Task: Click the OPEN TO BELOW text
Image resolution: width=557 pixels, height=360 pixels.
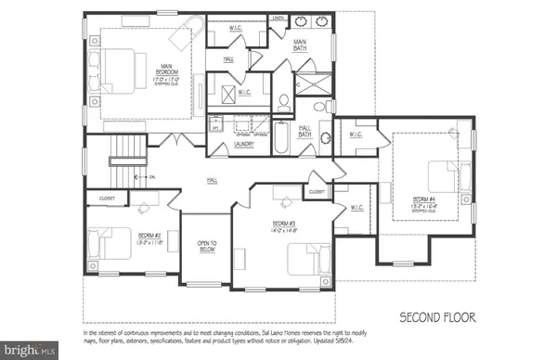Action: [x=206, y=248]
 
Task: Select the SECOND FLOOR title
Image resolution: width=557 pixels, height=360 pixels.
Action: [x=437, y=317]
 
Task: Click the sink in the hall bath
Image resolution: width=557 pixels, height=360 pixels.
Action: [x=325, y=140]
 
